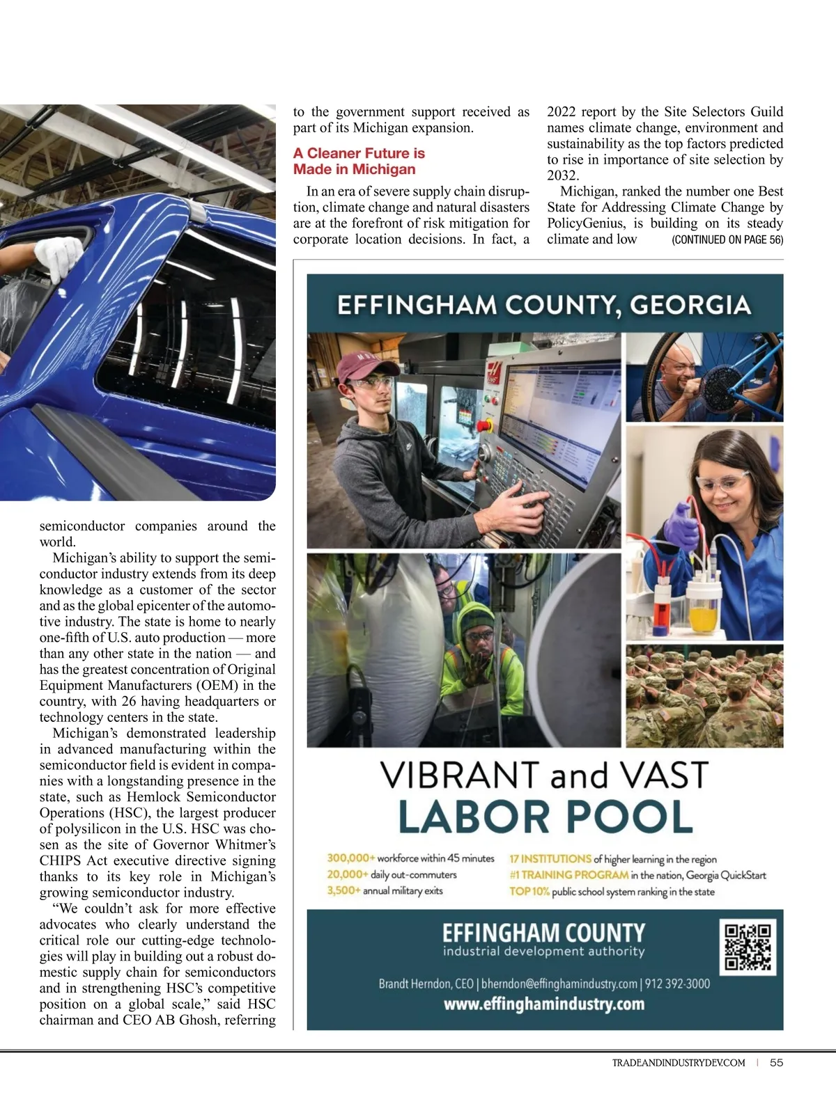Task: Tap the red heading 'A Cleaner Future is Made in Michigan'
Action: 359,162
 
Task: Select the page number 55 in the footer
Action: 777,1062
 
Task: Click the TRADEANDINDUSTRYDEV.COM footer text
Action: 678,1063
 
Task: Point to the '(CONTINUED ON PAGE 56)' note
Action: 727,240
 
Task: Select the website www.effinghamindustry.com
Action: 544,1005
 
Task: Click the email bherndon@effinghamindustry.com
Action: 559,984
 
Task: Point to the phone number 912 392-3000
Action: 677,984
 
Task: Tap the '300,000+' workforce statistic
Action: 350,858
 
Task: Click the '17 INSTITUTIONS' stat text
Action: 550,859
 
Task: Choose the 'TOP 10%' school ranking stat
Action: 529,892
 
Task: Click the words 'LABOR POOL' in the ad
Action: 545,817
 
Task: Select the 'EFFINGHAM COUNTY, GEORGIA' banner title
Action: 544,305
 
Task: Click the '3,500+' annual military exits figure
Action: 343,891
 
